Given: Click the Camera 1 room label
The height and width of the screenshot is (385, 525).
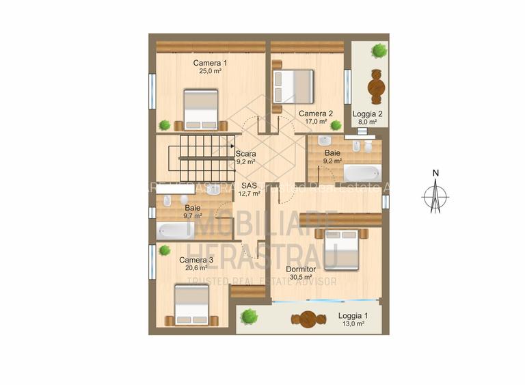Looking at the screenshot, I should click(x=210, y=63).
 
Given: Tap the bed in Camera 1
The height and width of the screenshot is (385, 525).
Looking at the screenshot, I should click(x=201, y=109).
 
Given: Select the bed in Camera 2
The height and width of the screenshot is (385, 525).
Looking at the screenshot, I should click(x=294, y=87).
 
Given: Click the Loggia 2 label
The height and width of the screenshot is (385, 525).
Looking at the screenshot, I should click(x=367, y=114).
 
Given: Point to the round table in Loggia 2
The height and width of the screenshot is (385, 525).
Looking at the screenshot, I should click(x=376, y=88).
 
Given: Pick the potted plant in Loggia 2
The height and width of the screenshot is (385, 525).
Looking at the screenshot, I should click(x=379, y=50).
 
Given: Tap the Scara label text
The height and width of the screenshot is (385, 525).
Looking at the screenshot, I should click(x=245, y=154).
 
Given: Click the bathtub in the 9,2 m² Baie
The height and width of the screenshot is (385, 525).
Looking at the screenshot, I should click(x=362, y=173).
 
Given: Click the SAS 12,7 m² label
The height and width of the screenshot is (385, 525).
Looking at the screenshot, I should click(x=249, y=189).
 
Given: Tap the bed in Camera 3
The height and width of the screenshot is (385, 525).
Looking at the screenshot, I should click(x=191, y=304).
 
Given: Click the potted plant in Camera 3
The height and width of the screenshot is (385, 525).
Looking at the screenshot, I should click(x=165, y=250).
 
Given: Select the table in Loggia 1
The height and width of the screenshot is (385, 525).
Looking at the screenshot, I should click(x=308, y=319).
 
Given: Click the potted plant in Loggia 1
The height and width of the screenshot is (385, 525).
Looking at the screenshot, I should click(x=250, y=316).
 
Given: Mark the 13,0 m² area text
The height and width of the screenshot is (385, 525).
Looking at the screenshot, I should click(x=353, y=324).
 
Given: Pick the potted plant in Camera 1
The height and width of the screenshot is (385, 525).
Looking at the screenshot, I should click(x=164, y=124).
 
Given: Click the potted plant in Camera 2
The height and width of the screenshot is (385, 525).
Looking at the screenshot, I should click(x=336, y=125).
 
